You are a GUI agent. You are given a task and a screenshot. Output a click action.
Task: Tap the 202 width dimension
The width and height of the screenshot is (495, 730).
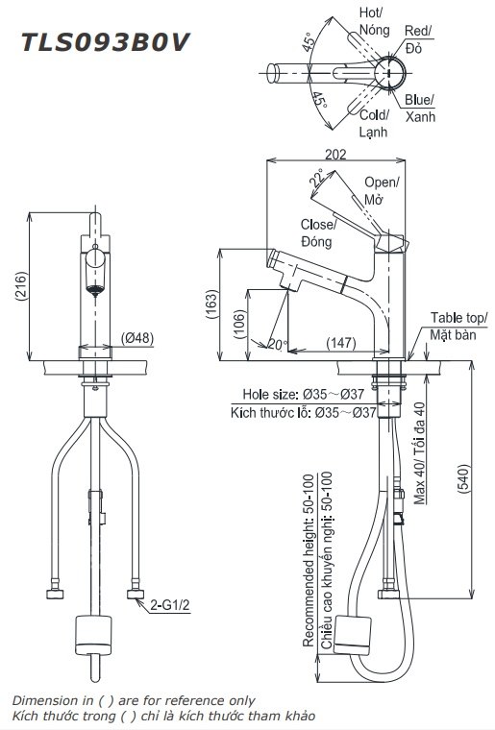335,154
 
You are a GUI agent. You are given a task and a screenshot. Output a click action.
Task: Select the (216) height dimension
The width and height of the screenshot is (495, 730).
20,285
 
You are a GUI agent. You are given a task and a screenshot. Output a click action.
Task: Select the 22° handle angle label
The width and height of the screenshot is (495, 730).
315,180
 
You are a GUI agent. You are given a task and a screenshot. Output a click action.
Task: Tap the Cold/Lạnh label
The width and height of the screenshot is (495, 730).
374,123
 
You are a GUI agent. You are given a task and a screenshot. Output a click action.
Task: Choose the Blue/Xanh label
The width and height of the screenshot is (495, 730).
419,108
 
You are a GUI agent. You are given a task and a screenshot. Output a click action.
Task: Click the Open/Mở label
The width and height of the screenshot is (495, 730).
382,191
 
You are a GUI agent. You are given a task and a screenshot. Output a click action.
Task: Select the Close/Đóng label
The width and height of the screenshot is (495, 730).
316,232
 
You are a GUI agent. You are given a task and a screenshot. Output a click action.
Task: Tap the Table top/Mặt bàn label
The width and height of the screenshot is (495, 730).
458,326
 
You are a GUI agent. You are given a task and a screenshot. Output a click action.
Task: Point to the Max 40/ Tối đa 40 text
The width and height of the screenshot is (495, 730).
419,452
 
